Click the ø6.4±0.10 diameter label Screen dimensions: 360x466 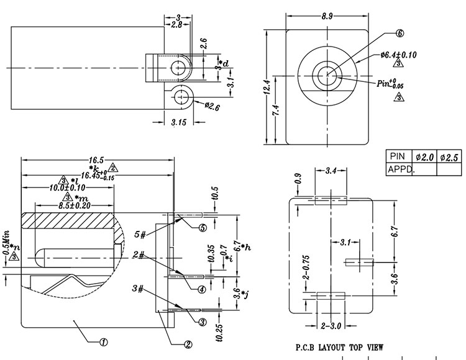click(398, 55)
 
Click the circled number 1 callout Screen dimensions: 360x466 click(104, 341)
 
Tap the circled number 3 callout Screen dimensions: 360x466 click(203, 322)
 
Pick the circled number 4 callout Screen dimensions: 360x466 click(202, 289)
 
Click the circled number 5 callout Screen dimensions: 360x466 click(202, 228)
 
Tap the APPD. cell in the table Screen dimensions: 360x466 click(401, 169)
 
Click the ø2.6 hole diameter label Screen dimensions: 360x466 click(213, 106)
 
